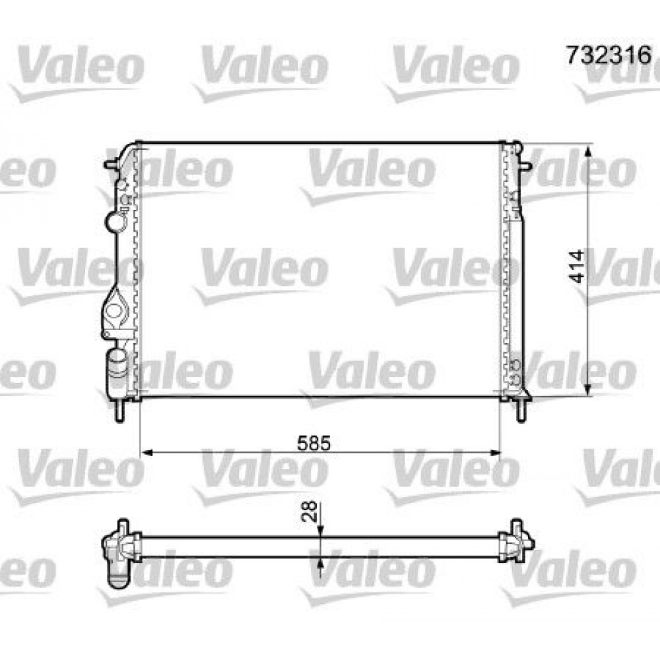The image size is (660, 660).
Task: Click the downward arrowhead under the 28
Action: coord(320,531)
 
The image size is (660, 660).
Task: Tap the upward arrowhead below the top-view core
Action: coord(320,562)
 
